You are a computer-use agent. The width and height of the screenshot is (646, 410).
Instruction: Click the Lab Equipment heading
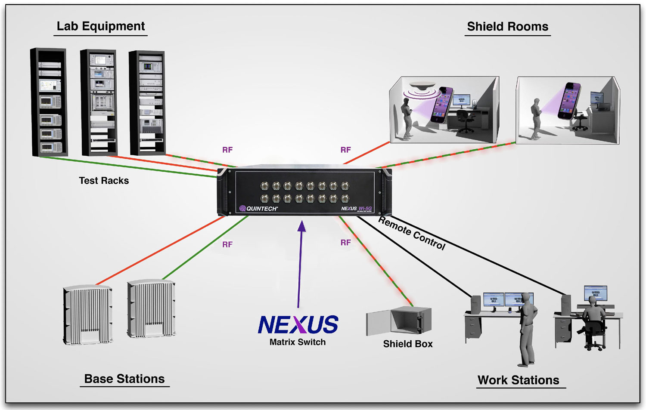(101, 26)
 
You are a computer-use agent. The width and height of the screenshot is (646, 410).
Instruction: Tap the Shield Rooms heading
(507, 27)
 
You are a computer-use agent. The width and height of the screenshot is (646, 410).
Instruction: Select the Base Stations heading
(124, 379)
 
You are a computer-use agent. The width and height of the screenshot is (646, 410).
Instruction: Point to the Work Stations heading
(518, 380)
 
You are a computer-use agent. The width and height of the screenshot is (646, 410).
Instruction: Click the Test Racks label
(104, 181)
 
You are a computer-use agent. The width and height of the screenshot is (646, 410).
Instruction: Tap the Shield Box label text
(408, 344)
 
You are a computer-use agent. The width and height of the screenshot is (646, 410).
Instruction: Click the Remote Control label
(412, 233)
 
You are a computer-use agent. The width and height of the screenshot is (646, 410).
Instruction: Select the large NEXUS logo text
(298, 325)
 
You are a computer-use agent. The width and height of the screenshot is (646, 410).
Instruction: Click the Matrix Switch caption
(298, 342)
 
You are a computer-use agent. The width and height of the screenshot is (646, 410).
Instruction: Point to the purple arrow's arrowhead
(302, 226)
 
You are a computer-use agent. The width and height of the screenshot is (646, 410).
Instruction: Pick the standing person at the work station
(527, 329)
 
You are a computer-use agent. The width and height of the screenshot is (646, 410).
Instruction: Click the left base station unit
(88, 314)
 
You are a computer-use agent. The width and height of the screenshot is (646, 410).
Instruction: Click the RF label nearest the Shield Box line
(345, 243)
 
